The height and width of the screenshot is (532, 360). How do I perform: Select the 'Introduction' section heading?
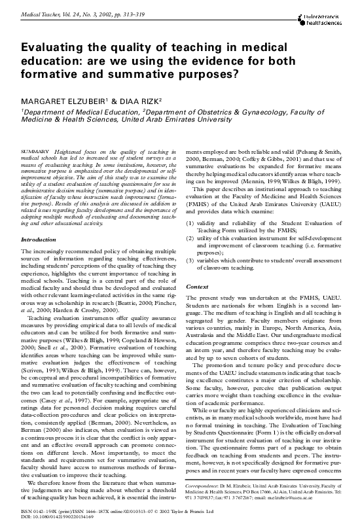coord(39,239)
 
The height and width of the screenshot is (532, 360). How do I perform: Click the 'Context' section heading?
coord(197,287)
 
